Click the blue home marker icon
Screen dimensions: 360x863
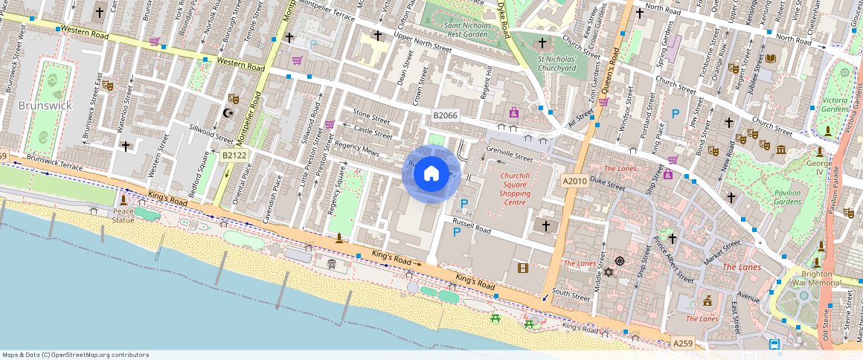click(x=431, y=174)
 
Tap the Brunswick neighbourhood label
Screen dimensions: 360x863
click(x=45, y=106)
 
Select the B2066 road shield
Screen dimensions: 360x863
click(x=446, y=116)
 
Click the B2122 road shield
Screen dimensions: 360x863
click(x=234, y=155)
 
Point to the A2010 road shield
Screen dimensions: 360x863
click(x=574, y=181)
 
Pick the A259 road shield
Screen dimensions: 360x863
click(x=682, y=343)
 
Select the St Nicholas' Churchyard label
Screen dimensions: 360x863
click(x=556, y=63)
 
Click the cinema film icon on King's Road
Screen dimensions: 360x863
click(x=523, y=268)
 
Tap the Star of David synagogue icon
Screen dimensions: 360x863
click(x=609, y=272)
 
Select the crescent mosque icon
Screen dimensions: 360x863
click(x=228, y=113)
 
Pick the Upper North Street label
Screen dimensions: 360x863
click(x=423, y=42)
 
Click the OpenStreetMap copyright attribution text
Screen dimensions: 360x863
click(x=76, y=355)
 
